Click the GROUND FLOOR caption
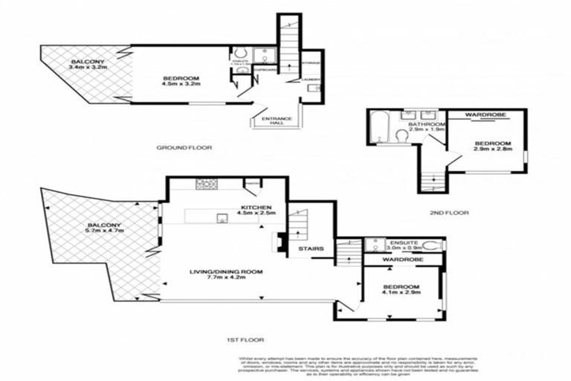[184, 148]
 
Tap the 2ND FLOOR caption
[450, 213]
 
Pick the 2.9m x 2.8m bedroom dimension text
[491, 149]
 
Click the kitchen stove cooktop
[206, 184]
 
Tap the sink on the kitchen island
[221, 217]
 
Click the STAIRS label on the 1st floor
[311, 249]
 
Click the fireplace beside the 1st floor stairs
[281, 242]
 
